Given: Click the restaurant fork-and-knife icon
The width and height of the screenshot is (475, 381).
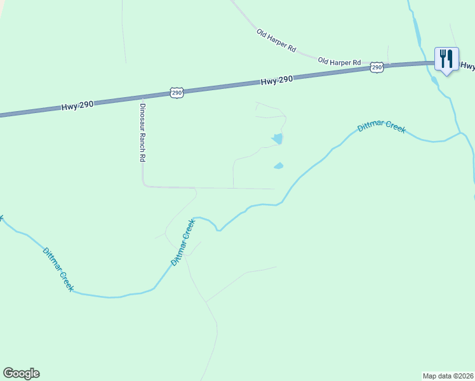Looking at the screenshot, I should coord(446,58).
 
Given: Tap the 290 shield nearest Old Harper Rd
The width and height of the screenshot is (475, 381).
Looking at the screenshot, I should coord(377,67).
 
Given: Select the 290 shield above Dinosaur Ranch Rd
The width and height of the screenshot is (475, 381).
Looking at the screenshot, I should coord(177,93).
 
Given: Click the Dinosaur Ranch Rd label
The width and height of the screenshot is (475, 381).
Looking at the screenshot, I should coord(143,133).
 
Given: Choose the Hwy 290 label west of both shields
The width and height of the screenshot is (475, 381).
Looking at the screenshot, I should coord(77,106).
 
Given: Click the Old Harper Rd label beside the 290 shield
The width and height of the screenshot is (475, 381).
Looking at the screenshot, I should coord(339,62).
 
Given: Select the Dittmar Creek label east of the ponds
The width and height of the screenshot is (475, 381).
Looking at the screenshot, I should coord(381,128).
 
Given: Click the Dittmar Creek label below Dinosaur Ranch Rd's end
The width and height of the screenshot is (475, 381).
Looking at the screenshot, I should coord(182,243).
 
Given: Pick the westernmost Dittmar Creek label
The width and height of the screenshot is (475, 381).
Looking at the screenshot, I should coord(58,269).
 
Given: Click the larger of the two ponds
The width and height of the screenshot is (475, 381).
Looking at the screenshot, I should coord(277,138).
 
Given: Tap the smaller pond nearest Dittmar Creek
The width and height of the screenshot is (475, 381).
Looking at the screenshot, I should coord(278,166).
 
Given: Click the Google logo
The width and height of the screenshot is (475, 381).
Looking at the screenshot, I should coord(21,373).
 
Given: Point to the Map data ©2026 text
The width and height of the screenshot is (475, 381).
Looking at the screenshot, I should coord(448,375).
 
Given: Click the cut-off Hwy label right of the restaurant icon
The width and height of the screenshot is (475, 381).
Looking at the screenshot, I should coord(467,65).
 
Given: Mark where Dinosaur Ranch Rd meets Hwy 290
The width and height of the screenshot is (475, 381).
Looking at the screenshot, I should coord(141,97).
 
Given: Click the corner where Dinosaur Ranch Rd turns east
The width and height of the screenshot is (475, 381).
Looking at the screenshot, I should coord(144,185).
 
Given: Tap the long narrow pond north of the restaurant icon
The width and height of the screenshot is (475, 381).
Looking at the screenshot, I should coord(417,29).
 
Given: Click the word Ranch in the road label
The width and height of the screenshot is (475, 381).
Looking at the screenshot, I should coord(143,138).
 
